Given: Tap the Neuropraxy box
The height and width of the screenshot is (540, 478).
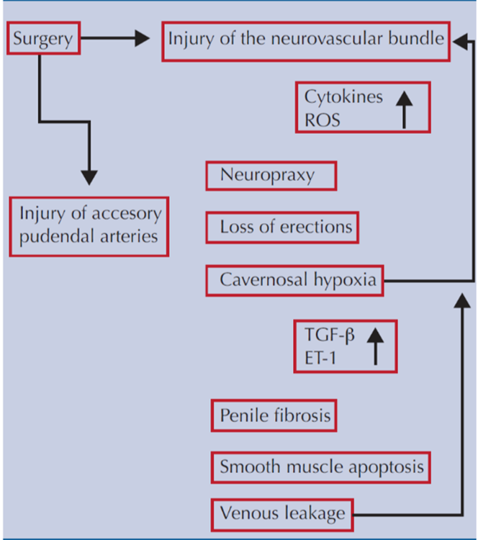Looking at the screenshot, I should (x=271, y=175).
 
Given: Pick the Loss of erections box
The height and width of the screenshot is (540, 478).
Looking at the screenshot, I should (x=286, y=228).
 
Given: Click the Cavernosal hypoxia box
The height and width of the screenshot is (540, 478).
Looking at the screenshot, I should (x=294, y=280).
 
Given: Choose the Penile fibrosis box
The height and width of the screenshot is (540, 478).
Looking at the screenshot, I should (x=274, y=415).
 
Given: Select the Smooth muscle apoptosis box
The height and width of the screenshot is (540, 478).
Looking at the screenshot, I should (x=321, y=467).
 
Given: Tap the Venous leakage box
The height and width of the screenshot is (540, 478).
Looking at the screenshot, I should (x=283, y=513).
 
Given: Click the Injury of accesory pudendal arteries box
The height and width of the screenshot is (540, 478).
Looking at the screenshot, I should (x=89, y=225).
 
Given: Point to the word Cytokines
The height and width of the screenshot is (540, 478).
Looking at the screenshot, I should (x=343, y=96).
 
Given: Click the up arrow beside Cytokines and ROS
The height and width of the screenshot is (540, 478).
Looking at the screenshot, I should (x=404, y=107).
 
